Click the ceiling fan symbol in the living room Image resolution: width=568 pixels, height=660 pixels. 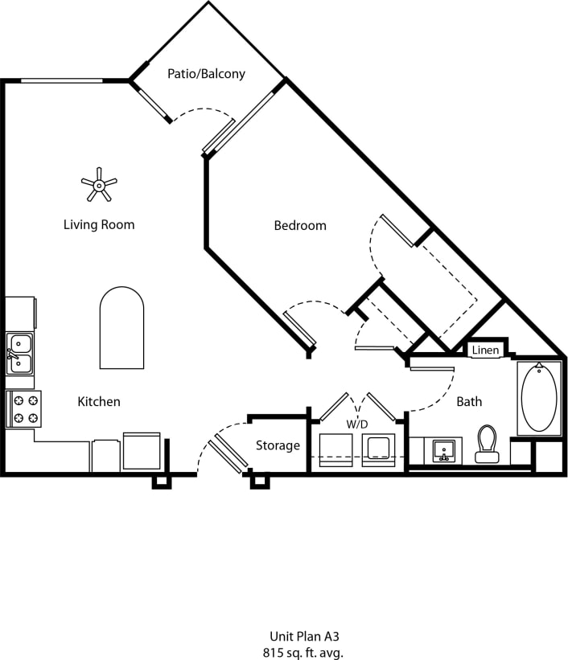click(x=99, y=185)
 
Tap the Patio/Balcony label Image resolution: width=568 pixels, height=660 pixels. click(x=206, y=74)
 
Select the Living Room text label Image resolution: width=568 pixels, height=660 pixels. click(x=99, y=225)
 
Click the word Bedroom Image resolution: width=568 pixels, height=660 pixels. click(x=300, y=226)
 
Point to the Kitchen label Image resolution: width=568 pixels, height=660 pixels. click(x=99, y=401)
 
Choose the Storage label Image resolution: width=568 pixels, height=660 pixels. click(x=278, y=445)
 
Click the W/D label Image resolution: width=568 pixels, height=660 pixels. click(x=357, y=423)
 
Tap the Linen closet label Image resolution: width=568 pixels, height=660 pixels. click(x=485, y=350)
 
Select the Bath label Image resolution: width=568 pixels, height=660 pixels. click(x=469, y=401)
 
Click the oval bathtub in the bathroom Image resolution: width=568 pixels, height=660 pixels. click(x=538, y=397)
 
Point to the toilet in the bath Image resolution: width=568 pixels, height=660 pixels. click(x=487, y=444)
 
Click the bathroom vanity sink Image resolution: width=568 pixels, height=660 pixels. click(x=442, y=451)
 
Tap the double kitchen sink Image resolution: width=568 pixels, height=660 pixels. click(x=19, y=355)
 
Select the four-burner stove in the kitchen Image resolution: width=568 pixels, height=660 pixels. click(x=23, y=408)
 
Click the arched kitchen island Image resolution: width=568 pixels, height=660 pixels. click(x=121, y=328)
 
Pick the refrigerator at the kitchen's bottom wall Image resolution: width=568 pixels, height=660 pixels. click(x=142, y=452)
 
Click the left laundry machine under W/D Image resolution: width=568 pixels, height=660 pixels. click(x=335, y=451)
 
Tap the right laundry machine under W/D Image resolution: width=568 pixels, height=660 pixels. click(x=378, y=451)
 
